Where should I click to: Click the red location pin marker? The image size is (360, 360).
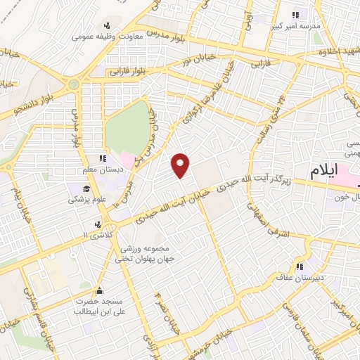pyautogui.click(x=181, y=165)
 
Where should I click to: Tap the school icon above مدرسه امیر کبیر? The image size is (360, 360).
pyautogui.click(x=296, y=14)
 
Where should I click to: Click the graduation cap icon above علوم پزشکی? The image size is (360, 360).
pyautogui.click(x=86, y=188)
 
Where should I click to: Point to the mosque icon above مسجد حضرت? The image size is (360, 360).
pyautogui.click(x=100, y=290)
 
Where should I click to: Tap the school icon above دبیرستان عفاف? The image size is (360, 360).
pyautogui.click(x=300, y=266)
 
